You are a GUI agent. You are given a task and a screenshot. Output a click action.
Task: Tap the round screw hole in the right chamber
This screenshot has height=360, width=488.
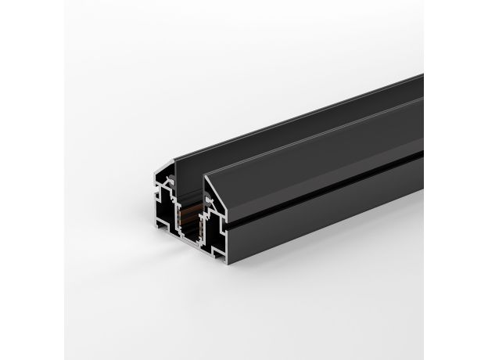click(x=209, y=201)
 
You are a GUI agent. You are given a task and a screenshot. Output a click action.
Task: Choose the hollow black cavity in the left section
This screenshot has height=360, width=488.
click(x=163, y=207)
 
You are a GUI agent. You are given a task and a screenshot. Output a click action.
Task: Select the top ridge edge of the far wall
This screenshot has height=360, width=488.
click(x=297, y=117)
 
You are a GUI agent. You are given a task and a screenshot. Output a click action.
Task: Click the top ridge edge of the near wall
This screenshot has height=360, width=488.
click(x=313, y=137)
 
